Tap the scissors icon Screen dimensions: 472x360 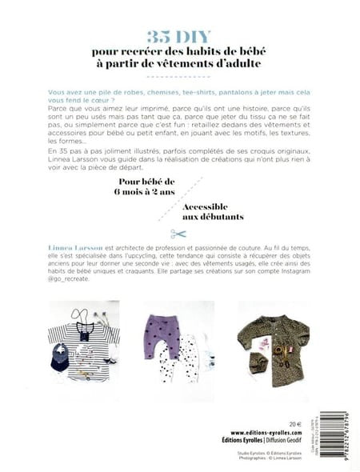(x=178, y=234)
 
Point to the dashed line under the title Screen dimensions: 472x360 (x=179, y=78)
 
